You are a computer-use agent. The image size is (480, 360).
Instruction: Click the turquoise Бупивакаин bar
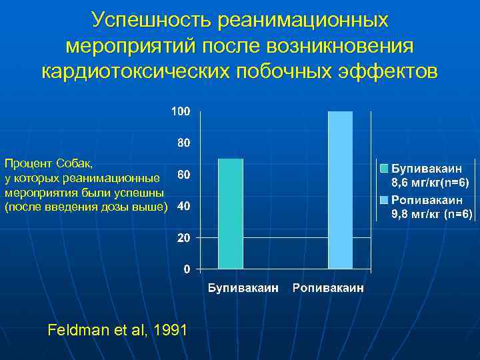[x=231, y=213]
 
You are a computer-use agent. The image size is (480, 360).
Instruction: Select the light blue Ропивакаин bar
[x=340, y=190]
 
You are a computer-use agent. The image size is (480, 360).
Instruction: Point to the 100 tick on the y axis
[x=180, y=111]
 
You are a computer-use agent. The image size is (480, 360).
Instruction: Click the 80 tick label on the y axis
[x=183, y=143]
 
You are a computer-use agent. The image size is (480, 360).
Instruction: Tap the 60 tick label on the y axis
[x=183, y=175]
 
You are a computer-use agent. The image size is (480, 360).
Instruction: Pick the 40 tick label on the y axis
[x=183, y=206]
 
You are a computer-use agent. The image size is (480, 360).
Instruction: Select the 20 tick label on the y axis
[x=183, y=238]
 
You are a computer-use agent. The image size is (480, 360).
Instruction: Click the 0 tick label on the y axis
[x=186, y=269]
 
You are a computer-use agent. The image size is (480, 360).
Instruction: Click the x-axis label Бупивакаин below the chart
[x=241, y=288]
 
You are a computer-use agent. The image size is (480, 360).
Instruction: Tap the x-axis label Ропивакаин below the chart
[x=328, y=288]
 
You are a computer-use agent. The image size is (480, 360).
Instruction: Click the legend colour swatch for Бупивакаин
[x=385, y=167]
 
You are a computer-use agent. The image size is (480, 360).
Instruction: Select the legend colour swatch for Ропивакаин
[x=385, y=200]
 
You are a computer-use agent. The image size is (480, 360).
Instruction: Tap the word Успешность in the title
[x=153, y=20]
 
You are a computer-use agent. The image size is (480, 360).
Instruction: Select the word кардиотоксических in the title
[x=136, y=71]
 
